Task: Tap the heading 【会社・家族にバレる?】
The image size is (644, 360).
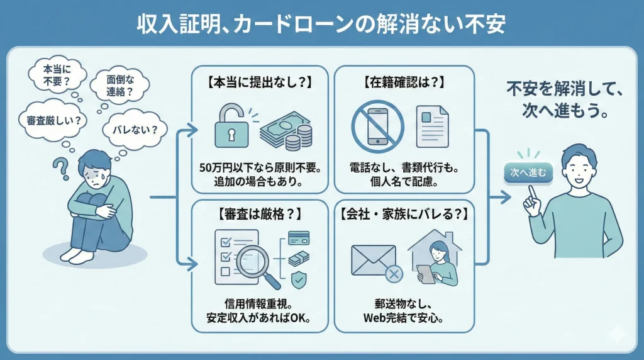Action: [402, 214]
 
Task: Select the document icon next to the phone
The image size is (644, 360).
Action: [431, 127]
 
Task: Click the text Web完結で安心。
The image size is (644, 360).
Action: [402, 318]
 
